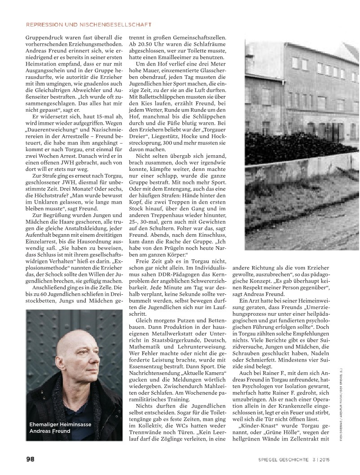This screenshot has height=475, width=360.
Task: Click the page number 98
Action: pyautogui.click(x=30, y=458)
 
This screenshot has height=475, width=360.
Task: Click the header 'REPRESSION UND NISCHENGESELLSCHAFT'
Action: pyautogui.click(x=89, y=24)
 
